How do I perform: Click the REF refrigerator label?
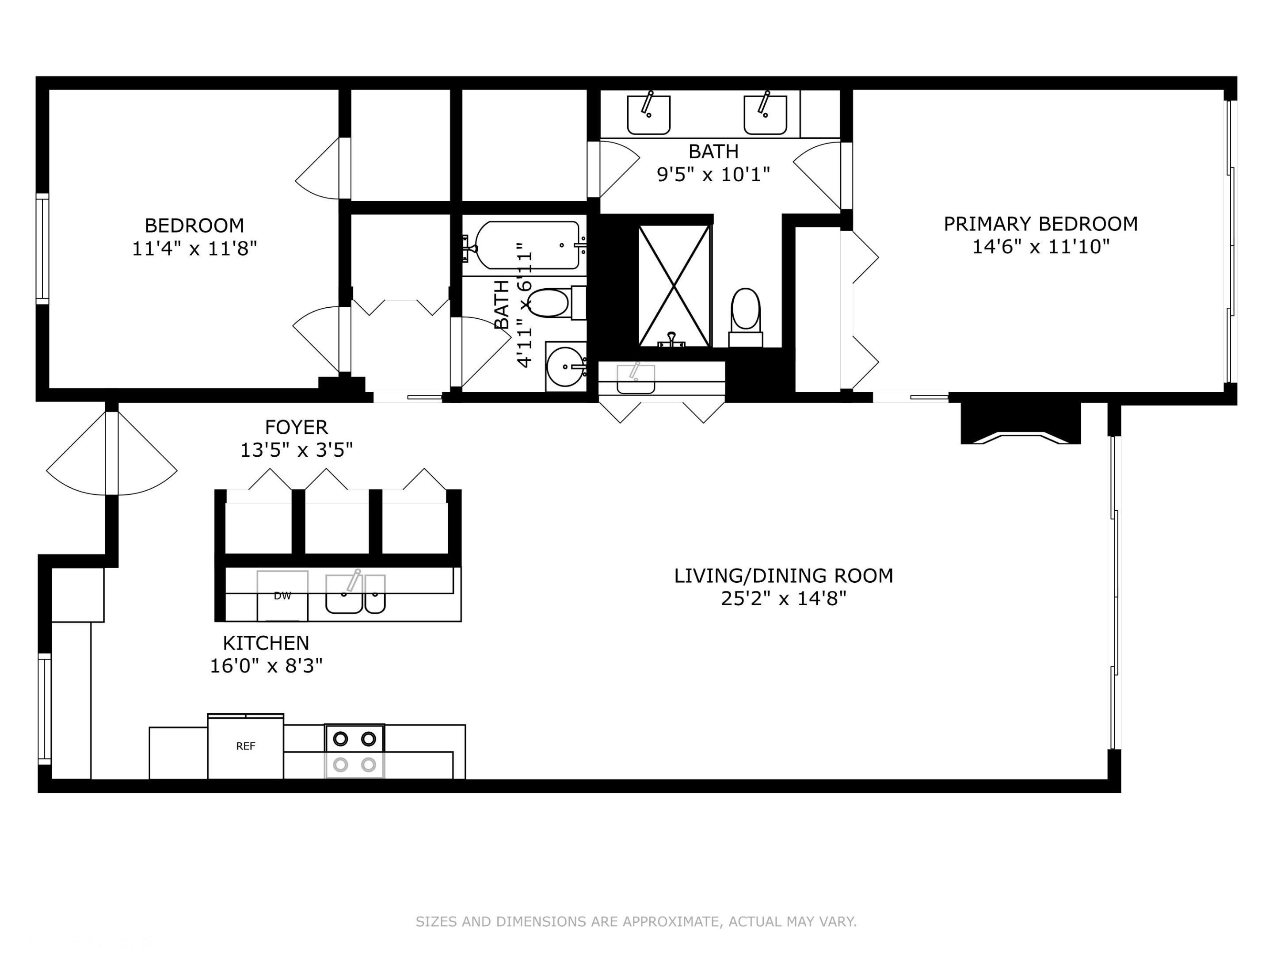[x=245, y=746]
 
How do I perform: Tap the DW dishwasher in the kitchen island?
[x=282, y=596]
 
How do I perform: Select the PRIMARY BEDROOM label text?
[x=1041, y=223]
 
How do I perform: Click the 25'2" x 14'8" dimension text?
[x=783, y=599]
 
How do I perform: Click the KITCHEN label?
[x=266, y=642]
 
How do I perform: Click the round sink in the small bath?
[x=565, y=367]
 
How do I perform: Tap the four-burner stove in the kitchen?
[x=354, y=751]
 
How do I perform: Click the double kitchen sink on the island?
[x=355, y=594]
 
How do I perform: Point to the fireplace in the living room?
[x=1020, y=424]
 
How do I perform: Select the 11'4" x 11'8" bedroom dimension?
[x=194, y=248]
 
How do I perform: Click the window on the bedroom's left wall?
[x=42, y=248]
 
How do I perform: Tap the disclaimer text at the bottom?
[x=636, y=921]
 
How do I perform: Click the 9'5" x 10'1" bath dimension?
[x=713, y=174]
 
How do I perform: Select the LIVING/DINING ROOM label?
[x=783, y=576]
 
